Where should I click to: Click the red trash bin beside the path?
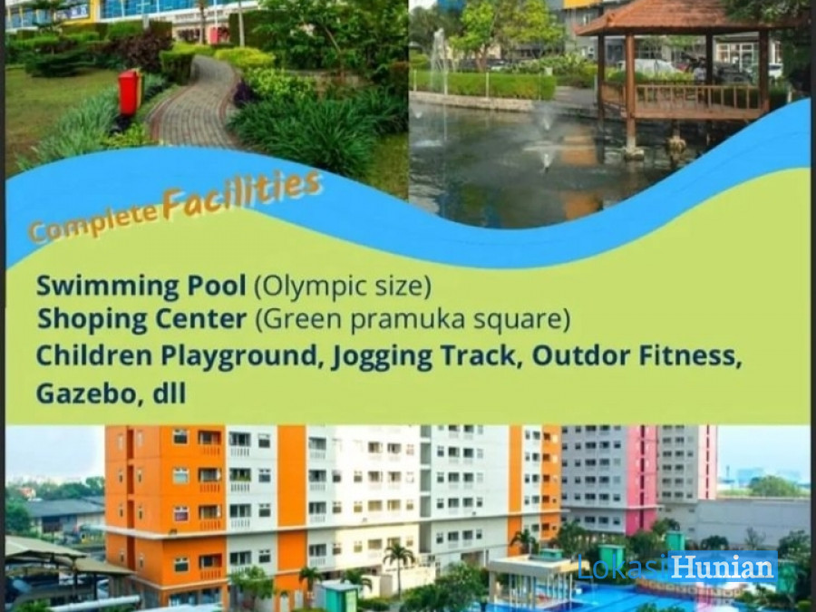(130, 92)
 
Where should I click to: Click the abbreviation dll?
(170, 393)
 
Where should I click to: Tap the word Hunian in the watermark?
(723, 568)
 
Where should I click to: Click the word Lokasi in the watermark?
(622, 568)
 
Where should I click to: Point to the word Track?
(481, 356)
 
